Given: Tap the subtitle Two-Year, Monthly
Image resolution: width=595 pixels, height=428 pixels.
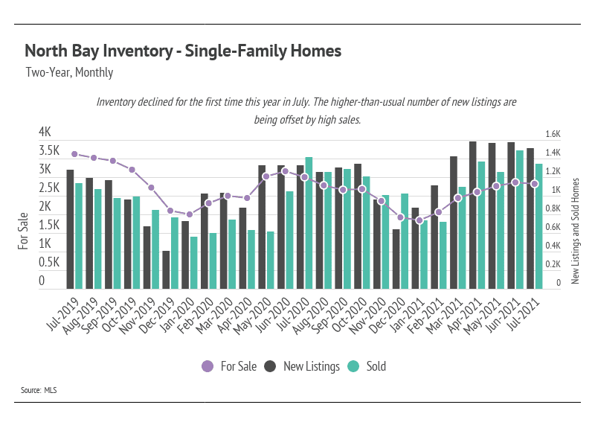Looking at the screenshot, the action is point(69,72).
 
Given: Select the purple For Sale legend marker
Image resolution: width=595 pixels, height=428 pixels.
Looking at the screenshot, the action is point(208,366).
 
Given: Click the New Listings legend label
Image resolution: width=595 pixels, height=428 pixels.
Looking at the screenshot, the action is point(312,366).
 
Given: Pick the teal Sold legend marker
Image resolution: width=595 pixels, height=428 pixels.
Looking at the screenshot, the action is point(353,366).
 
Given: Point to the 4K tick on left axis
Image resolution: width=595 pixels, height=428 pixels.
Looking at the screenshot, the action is point(45,132).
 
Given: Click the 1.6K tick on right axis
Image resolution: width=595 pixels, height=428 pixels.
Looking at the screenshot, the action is point(553,134).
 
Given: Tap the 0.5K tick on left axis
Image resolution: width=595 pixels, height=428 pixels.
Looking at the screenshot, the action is point(49,262).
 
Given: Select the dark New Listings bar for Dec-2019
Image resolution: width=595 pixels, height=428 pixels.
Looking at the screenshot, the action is point(166,269).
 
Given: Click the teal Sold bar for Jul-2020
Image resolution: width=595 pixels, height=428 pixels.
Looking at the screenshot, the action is point(309,223).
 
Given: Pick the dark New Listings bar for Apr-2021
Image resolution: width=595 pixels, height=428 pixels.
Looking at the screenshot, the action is point(473,215).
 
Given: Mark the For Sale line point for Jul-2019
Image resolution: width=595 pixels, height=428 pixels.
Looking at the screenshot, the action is point(75,154).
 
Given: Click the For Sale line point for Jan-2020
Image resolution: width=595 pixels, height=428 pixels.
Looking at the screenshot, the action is point(190,214).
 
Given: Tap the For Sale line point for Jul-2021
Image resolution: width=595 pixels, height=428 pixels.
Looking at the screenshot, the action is point(535,184).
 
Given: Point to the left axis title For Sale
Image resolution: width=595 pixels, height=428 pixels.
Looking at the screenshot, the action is point(23,231).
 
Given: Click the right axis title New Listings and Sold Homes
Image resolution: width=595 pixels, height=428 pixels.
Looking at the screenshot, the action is point(575,231).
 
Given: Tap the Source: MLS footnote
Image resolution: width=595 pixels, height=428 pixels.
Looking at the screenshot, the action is point(39,390).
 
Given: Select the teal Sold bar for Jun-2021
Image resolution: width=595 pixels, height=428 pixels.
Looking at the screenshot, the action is point(519,220).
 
